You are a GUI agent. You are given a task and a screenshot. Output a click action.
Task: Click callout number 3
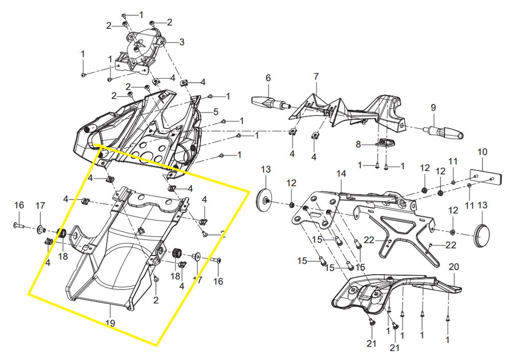[x=182, y=42]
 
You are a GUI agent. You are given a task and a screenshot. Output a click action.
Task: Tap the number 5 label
[x=216, y=112]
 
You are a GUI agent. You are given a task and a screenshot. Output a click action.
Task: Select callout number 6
[x=268, y=78]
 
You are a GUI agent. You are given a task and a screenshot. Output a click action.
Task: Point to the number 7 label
[x=316, y=77]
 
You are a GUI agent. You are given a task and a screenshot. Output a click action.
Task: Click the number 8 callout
[x=359, y=144]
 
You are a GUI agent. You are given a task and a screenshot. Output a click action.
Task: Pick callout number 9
[x=433, y=108]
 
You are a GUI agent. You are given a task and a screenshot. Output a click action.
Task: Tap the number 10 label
[x=482, y=152]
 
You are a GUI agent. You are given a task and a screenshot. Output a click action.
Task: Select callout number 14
[x=341, y=174]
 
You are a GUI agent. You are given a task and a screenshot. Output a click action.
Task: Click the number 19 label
[x=110, y=323]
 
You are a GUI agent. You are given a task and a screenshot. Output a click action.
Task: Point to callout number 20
[x=454, y=267]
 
